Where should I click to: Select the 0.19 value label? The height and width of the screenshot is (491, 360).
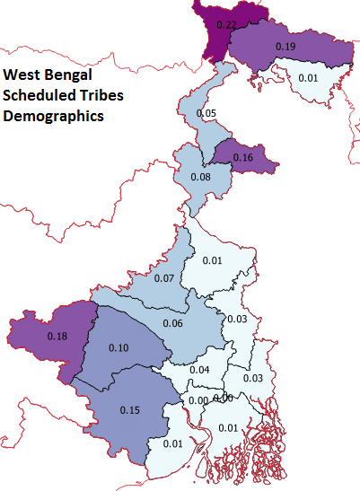[x=285, y=46]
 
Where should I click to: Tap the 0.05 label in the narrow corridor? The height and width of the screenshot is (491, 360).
[x=206, y=114]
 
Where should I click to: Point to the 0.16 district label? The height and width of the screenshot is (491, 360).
[x=243, y=158]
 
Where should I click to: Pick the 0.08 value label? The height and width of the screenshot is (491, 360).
[x=201, y=178]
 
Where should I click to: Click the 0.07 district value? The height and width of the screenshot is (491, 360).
[x=163, y=278]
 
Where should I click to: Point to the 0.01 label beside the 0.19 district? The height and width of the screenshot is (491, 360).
[x=308, y=78]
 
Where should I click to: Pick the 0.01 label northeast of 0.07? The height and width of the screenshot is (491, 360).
[x=212, y=260]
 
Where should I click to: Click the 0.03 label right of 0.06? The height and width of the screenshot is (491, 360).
[x=236, y=320]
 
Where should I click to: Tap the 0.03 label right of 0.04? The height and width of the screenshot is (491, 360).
[x=253, y=379]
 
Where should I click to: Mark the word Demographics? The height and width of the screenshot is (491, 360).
[x=53, y=116]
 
